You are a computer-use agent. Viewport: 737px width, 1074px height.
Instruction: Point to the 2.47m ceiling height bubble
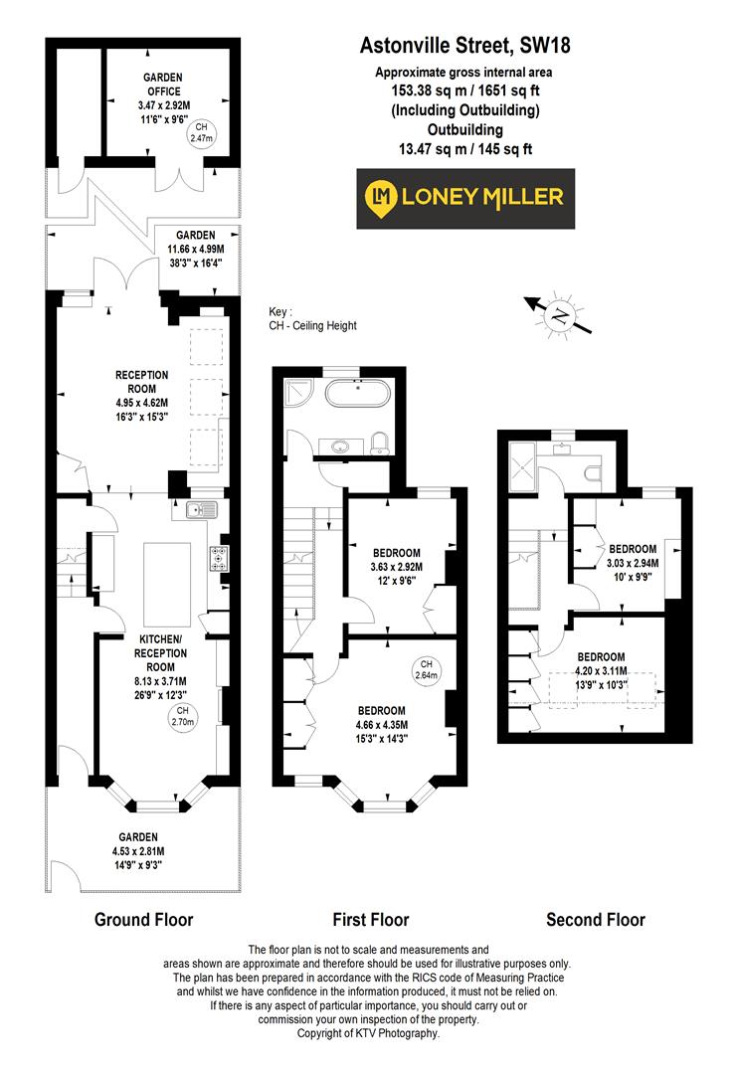click(x=203, y=133)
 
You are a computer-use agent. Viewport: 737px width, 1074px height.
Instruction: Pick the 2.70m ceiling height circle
click(x=182, y=716)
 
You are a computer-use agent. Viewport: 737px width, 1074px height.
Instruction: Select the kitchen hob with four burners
click(x=217, y=559)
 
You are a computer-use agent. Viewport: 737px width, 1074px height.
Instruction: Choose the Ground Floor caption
click(x=143, y=919)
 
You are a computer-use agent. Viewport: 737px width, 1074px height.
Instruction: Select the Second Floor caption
click(x=596, y=920)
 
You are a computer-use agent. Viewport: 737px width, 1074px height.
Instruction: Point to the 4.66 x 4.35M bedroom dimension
click(x=382, y=724)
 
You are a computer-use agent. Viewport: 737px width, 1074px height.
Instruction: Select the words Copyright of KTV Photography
click(x=368, y=1034)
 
